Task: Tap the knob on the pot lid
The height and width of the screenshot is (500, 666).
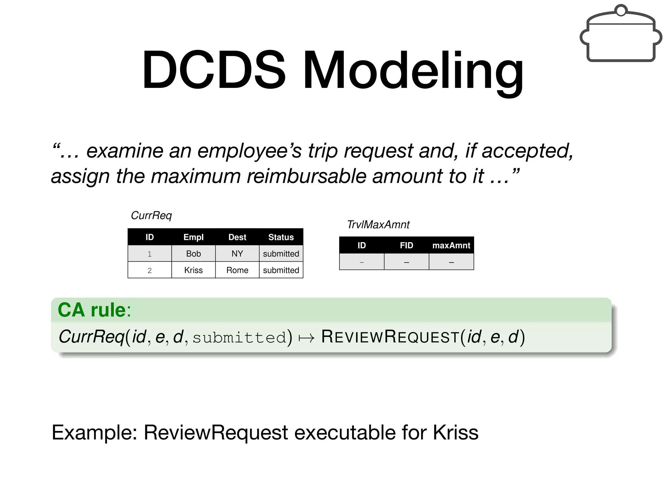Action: pos(621,10)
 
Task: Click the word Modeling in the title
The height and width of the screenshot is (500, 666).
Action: pos(413,70)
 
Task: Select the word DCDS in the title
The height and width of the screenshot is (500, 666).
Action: pos(214,70)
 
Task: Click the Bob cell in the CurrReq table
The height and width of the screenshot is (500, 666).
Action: pos(193,254)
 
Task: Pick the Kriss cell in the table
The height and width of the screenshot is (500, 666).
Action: pos(193,270)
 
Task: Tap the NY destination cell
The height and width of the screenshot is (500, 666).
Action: pos(237,254)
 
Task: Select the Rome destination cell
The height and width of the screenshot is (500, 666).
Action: pos(237,270)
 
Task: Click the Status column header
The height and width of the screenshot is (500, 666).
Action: pos(281,237)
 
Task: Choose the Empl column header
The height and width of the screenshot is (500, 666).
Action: pos(193,237)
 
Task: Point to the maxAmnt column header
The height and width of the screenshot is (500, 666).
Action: pos(451,245)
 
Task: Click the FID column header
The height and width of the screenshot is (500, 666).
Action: pos(406,245)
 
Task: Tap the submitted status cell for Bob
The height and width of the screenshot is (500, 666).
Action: pos(281,254)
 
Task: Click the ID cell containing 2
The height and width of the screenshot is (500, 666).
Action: pos(150,270)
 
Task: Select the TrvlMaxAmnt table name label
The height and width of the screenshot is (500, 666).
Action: pos(378,225)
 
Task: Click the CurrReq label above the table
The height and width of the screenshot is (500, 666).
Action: pos(151,215)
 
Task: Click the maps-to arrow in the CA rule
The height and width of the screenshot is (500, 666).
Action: pos(306,338)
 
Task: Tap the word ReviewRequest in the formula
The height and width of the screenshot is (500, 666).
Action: pos(390,337)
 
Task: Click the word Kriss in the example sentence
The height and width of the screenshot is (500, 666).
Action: pos(455,432)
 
